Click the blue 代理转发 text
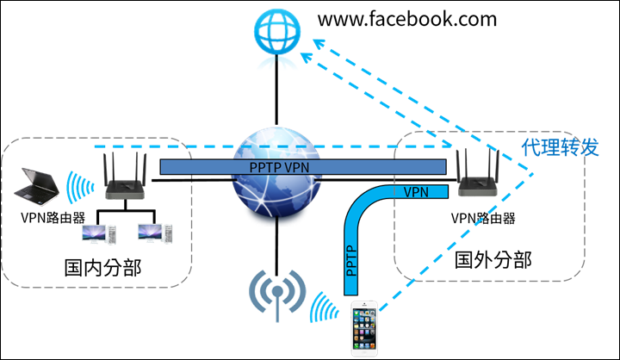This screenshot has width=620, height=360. pyautogui.click(x=560, y=147)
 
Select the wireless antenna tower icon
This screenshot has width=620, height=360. pyautogui.click(x=276, y=293)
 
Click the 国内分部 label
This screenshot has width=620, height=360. pyautogui.click(x=102, y=268)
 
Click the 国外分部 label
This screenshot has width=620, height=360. pyautogui.click(x=493, y=259)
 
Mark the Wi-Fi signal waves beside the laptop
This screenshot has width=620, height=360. pyautogui.click(x=80, y=183)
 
